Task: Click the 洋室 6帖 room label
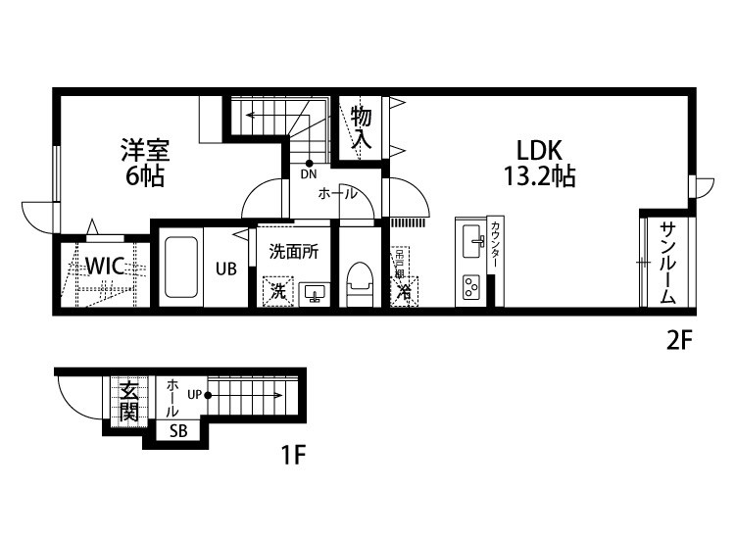click(x=145, y=163)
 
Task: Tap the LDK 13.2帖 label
click(x=538, y=163)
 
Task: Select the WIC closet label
click(x=103, y=267)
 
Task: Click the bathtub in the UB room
click(x=181, y=266)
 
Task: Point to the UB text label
click(x=226, y=267)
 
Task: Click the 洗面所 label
click(x=294, y=251)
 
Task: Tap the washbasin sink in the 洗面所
click(x=315, y=292)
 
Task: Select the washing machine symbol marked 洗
click(x=278, y=291)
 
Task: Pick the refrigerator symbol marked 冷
click(x=403, y=291)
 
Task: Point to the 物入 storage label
click(x=362, y=127)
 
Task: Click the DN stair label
click(x=309, y=175)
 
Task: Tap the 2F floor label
click(x=679, y=341)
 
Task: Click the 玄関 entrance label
click(x=128, y=401)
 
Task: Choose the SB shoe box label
click(x=178, y=430)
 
